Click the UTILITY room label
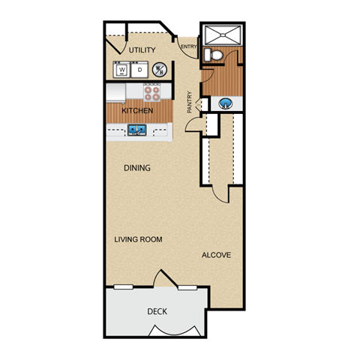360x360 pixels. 142,50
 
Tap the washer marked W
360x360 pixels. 121,70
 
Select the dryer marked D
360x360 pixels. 139,70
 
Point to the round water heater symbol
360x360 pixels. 160,70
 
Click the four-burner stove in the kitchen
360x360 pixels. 151,93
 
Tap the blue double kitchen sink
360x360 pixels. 137,130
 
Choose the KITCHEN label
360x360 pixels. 137,110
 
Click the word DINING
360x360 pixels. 137,168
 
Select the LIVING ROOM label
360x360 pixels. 138,239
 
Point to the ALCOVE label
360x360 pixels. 216,255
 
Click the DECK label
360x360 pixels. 157,311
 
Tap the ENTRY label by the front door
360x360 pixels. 189,46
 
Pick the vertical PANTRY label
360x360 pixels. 190,102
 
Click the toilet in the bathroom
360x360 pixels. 213,55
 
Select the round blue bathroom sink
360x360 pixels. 226,103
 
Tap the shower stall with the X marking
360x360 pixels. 223,35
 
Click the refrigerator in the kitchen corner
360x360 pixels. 115,93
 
